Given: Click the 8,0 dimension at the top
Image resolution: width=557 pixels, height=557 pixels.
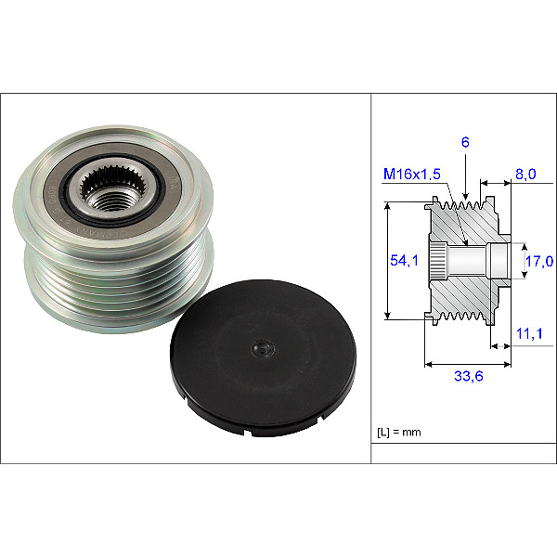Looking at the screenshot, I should tap(525, 172).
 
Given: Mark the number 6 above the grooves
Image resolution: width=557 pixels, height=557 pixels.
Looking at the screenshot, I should tap(465, 143).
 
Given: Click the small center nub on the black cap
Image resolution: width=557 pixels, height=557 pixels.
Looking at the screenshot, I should tap(263, 350).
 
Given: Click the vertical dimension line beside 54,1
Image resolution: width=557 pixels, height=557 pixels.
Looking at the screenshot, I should tap(388, 262).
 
